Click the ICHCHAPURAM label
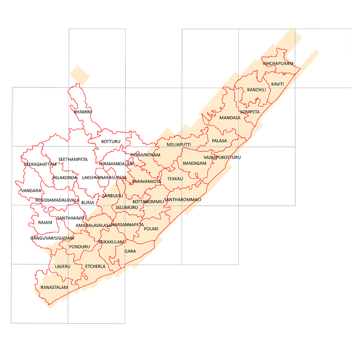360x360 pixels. click(x=278, y=63)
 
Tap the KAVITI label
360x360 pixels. click(x=278, y=84)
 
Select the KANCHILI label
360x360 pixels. click(x=256, y=90)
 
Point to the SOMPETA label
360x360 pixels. click(x=250, y=112)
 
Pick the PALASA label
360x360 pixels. click(x=219, y=141)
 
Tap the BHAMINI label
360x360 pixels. click(x=83, y=112)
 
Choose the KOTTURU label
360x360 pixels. click(x=111, y=141)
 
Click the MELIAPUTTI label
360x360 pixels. click(x=179, y=145)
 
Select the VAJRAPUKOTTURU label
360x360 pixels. click(x=222, y=158)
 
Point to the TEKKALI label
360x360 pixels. click(x=175, y=178)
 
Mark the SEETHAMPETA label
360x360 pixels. click(x=73, y=159)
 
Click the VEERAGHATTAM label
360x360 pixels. click(x=40, y=164)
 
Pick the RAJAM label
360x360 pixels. click(x=45, y=222)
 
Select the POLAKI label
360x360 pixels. click(x=151, y=229)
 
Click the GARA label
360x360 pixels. click(x=130, y=251)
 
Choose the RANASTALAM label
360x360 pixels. click(x=54, y=287)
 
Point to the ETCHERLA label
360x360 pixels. click(x=95, y=267)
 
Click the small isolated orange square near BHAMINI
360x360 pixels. click(x=80, y=75)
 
